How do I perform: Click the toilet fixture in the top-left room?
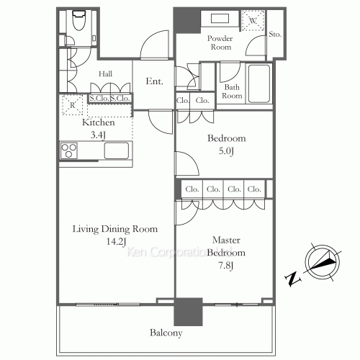(x=79, y=20)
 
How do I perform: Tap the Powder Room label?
(x=220, y=42)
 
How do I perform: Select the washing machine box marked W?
(x=253, y=21)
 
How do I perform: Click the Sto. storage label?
(x=275, y=35)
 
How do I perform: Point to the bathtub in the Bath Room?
(x=259, y=84)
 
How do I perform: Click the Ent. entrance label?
(x=154, y=81)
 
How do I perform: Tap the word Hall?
(x=105, y=73)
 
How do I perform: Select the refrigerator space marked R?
(x=73, y=105)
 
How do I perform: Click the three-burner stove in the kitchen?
(x=69, y=150)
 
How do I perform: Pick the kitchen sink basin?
(x=117, y=150)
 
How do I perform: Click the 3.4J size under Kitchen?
(x=98, y=135)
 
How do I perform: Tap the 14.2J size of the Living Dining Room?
(x=117, y=241)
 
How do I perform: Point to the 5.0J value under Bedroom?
(x=226, y=151)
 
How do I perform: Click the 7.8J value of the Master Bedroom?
(x=226, y=266)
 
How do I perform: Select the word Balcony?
(x=166, y=333)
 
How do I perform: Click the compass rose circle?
(x=323, y=262)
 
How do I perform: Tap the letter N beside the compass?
(x=293, y=279)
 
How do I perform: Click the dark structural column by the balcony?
(x=188, y=312)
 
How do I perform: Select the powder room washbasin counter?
(x=220, y=19)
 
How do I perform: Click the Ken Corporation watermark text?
(x=179, y=252)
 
